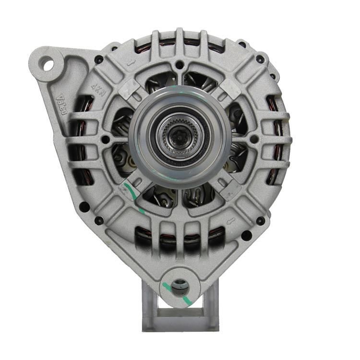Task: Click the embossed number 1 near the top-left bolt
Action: click(x=128, y=62)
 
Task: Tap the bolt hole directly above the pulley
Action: click(x=179, y=64)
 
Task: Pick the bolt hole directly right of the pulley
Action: click(x=254, y=139)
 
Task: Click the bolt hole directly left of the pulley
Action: click(x=105, y=140)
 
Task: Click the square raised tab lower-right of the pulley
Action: click(x=226, y=185)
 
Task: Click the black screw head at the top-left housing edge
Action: click(x=99, y=60)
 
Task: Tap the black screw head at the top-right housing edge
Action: click(x=260, y=60)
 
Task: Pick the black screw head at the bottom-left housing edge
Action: click(x=99, y=221)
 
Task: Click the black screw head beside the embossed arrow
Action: click(x=260, y=221)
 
